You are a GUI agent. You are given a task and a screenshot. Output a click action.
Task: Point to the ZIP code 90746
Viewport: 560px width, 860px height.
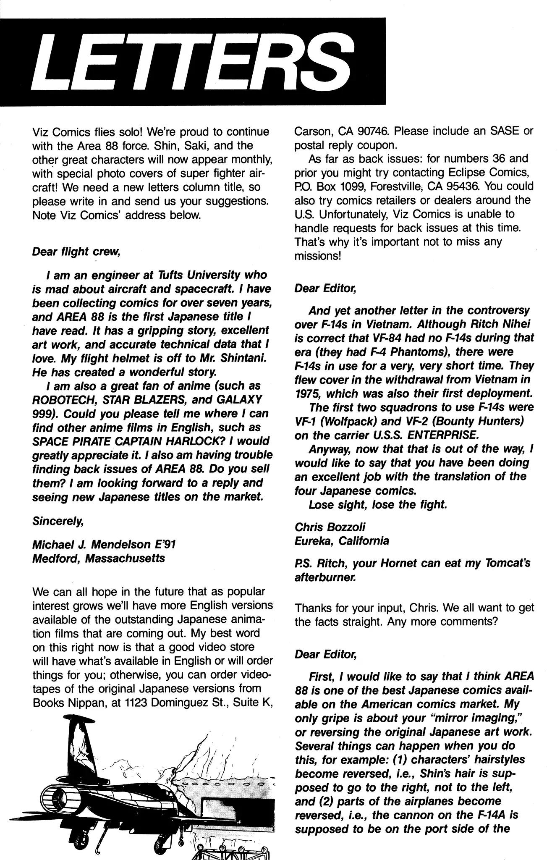tap(376, 131)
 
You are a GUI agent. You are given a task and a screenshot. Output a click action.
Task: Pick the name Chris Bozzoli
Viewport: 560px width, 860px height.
tap(330, 527)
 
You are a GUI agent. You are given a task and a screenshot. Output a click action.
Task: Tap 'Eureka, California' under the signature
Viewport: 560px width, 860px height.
tap(342, 541)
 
